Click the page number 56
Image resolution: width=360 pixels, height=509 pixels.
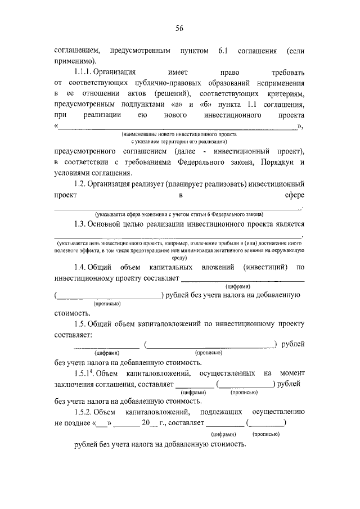[x=179, y=29]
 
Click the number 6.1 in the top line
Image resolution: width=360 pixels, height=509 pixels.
[x=221, y=51]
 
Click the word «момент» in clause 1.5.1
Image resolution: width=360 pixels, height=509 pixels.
[x=291, y=373]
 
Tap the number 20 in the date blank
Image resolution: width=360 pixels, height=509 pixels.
[x=146, y=423]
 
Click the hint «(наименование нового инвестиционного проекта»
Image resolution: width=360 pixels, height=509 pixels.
[x=179, y=136]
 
